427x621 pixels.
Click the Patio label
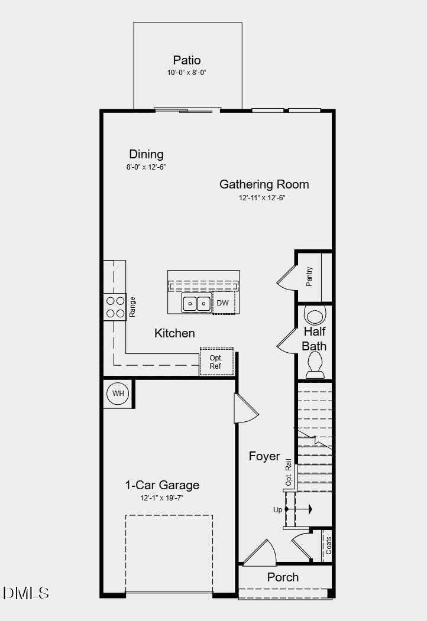coord(187,60)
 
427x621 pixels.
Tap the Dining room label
coord(146,155)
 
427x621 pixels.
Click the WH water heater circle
coord(118,393)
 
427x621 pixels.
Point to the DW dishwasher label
coord(222,303)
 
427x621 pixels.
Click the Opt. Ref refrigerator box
coord(216,362)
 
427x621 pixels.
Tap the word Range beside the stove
coord(132,307)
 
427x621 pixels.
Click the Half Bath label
coord(314,339)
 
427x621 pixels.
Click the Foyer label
coord(264,456)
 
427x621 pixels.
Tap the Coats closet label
coord(328,547)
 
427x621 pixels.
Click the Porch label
coord(283,577)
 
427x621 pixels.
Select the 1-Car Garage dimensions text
coord(162,499)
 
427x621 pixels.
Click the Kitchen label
coord(174,333)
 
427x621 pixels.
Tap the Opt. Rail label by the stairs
coord(289,473)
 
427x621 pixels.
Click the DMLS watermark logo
coord(26,593)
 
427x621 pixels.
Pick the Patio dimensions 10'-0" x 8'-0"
coord(186,73)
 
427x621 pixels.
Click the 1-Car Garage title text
coord(162,485)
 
